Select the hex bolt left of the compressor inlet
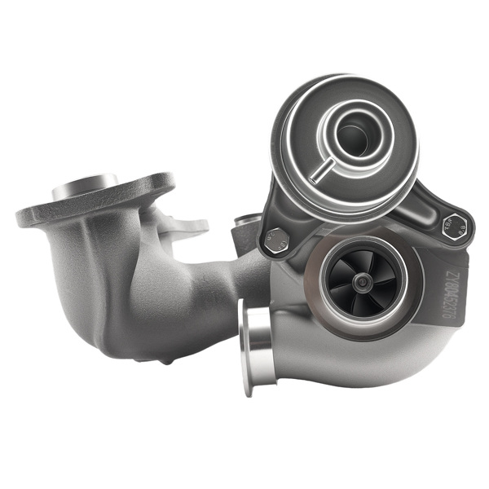coord(276,240)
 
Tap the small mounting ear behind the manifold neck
coord(191,224)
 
